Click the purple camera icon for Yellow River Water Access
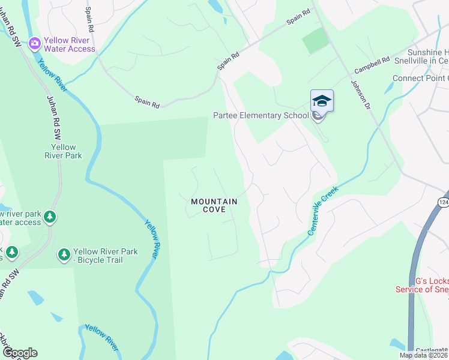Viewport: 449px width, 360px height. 34,43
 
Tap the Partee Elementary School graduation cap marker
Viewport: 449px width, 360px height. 322,101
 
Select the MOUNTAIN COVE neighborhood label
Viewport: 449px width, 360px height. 214,206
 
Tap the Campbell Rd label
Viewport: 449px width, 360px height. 372,65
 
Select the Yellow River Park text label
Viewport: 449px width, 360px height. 64,151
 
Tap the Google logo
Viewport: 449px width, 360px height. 20,353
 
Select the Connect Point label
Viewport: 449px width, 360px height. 420,79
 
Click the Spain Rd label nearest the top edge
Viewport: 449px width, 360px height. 298,16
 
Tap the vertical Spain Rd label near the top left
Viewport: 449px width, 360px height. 90,20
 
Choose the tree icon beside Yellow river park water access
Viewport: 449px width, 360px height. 50,217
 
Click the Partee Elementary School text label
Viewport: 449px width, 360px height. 261,115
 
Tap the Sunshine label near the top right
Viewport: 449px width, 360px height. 427,53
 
